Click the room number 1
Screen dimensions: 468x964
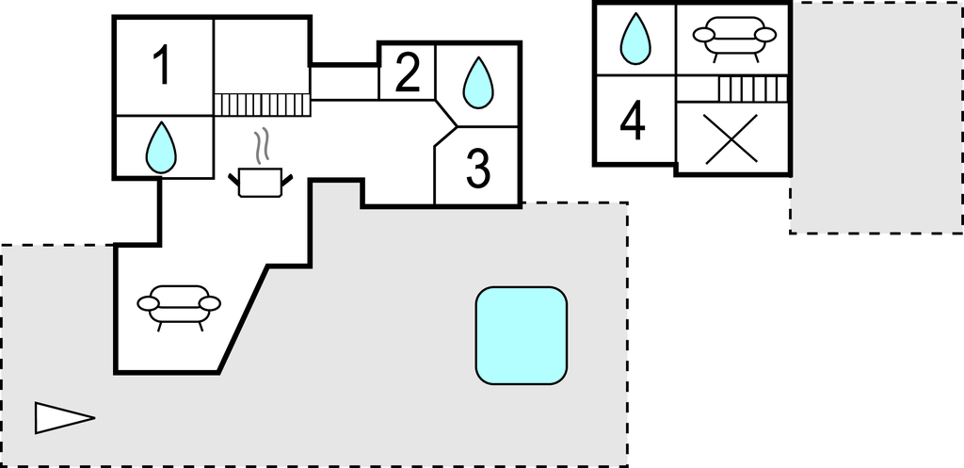tap(163, 66)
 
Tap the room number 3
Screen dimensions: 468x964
tap(478, 169)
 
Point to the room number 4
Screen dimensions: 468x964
tap(633, 121)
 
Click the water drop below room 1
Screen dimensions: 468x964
tap(162, 148)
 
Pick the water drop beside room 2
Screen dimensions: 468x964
tap(478, 83)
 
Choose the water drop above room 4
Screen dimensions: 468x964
tap(636, 40)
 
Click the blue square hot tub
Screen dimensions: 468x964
tap(522, 335)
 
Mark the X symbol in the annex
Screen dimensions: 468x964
tap(732, 139)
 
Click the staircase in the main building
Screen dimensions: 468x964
tap(262, 104)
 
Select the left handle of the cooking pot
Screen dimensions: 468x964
tap(234, 177)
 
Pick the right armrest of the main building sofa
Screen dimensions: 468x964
tap(211, 303)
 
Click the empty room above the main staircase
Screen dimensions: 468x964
tap(262, 55)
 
